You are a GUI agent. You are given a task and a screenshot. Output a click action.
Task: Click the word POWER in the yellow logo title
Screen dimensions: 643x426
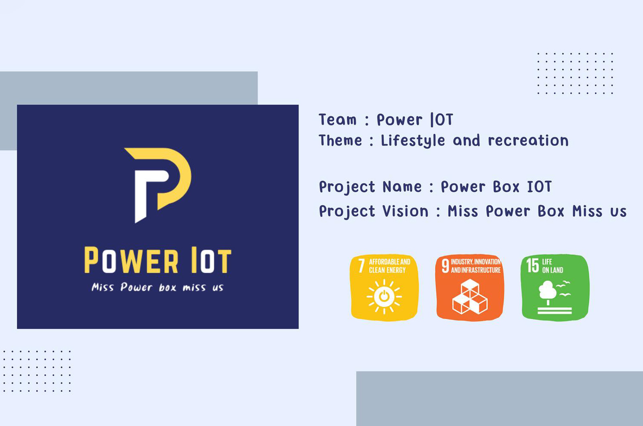[131, 260]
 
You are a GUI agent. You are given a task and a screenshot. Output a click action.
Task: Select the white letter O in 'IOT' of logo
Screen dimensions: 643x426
[207, 261]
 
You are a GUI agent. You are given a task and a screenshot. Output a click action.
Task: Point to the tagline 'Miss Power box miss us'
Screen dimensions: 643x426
[158, 287]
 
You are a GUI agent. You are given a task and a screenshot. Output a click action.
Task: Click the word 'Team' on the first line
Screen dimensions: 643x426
[338, 120]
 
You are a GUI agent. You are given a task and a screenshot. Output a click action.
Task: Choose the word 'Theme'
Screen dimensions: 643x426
[340, 140]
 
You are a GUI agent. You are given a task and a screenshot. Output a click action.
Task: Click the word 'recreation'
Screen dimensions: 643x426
[528, 141]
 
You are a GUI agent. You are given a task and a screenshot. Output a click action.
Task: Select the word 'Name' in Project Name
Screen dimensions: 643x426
[402, 187]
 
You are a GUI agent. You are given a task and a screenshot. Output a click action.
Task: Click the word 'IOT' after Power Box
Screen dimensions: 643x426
[539, 186]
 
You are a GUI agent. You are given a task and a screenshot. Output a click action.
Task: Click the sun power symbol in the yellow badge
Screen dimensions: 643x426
[384, 296]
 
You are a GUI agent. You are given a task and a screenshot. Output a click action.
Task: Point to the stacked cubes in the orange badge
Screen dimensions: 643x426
[470, 297]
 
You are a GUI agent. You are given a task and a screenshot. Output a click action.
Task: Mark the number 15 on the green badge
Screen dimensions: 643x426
[532, 266]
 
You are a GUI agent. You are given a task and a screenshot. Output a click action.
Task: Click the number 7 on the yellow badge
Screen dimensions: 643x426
[361, 266]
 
